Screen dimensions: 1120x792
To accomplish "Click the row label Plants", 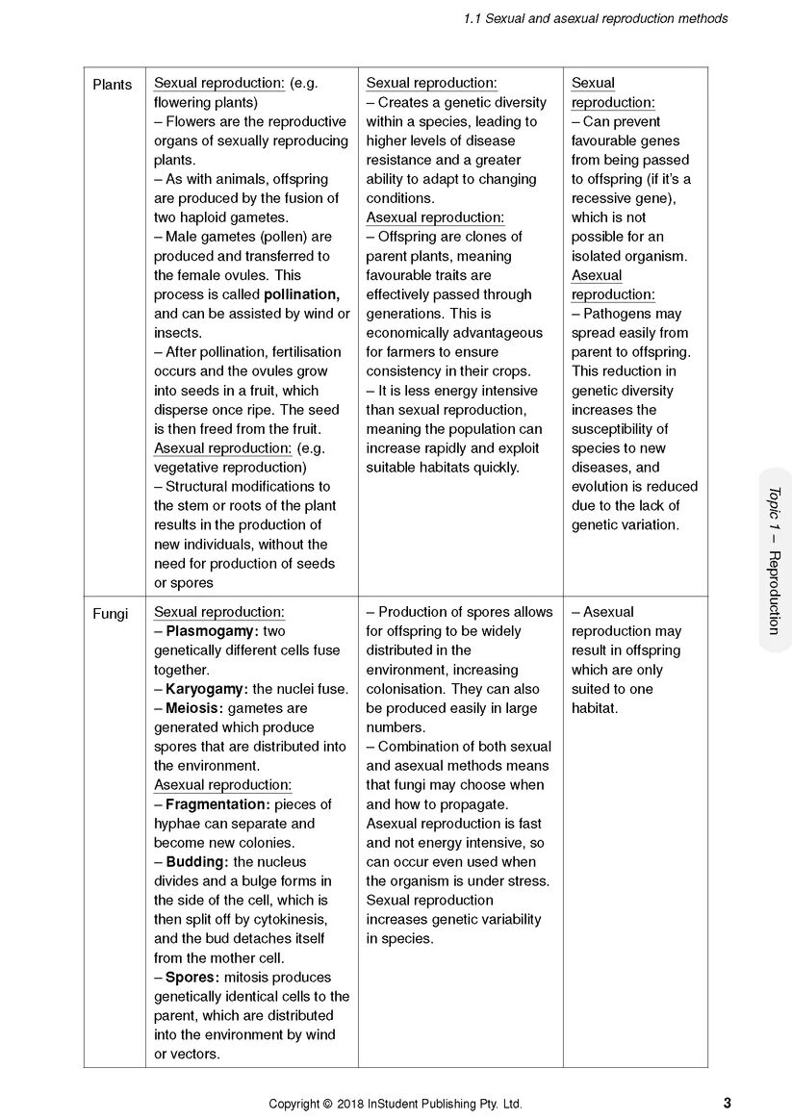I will click(112, 84).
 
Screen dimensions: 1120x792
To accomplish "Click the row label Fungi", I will click(110, 613).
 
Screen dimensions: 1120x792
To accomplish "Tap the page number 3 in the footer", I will click(727, 1103).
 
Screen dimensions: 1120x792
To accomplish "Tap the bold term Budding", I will click(196, 862).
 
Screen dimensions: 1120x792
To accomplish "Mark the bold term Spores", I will click(192, 978).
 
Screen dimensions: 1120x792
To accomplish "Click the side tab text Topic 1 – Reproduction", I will click(774, 560).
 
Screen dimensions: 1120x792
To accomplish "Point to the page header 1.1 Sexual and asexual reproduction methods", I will click(595, 18).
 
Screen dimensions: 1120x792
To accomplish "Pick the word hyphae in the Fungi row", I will click(177, 824).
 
